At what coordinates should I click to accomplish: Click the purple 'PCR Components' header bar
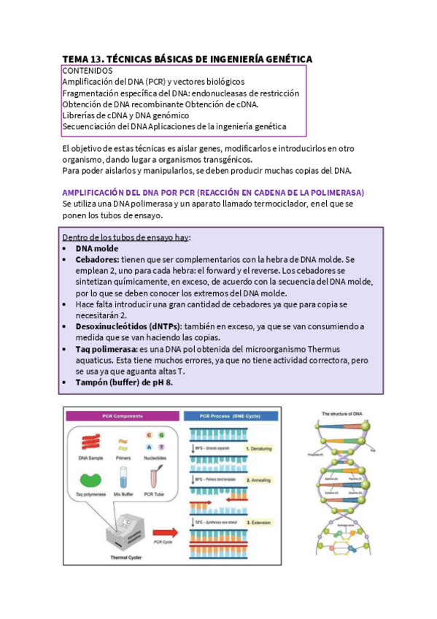[120, 416]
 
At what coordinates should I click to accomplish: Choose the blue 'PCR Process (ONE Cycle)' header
[233, 416]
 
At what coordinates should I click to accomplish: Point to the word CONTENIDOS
[88, 71]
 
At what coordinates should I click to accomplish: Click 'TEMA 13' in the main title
[82, 58]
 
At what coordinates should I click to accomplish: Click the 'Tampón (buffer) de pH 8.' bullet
[124, 383]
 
